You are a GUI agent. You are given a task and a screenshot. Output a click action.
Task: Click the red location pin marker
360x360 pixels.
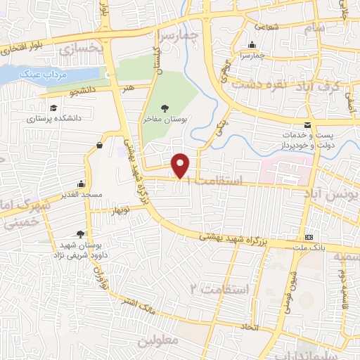pyautogui.click(x=181, y=165)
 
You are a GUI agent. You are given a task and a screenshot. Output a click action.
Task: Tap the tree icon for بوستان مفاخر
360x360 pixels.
pyautogui.click(x=165, y=108)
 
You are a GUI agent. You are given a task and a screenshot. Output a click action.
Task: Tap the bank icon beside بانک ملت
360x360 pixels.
pyautogui.click(x=309, y=237)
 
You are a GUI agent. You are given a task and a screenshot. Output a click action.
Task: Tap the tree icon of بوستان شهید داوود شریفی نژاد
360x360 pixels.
pyautogui.click(x=82, y=234)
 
